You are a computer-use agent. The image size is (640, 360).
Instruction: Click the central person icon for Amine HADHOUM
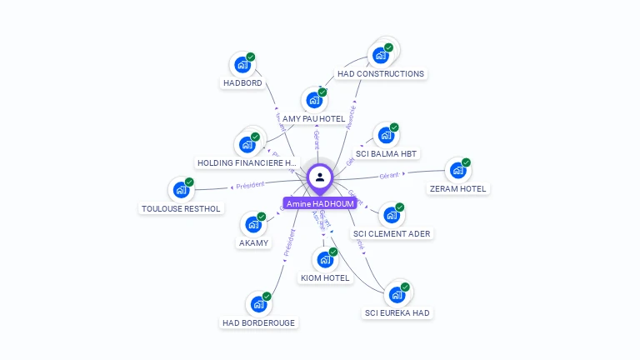pyautogui.click(x=320, y=177)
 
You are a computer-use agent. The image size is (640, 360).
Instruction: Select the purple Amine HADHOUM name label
pyautogui.click(x=320, y=203)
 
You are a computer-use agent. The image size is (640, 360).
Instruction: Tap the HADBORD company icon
pyautogui.click(x=242, y=65)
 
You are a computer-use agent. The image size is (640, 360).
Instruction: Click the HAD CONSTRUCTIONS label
pyautogui.click(x=381, y=73)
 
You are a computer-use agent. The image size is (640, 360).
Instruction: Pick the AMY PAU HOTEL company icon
pyautogui.click(x=314, y=100)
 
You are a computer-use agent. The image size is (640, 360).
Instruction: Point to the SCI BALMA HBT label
pyautogui.click(x=387, y=153)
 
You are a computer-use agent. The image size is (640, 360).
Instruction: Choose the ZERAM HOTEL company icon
pyautogui.click(x=457, y=171)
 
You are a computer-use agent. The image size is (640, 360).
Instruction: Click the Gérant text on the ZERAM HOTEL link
pyautogui.click(x=389, y=176)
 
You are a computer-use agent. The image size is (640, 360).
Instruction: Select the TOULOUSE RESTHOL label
pyautogui.click(x=181, y=208)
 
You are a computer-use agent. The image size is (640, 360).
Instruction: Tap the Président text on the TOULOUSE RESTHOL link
pyautogui.click(x=250, y=185)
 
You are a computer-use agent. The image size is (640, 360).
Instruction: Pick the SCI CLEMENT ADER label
pyautogui.click(x=392, y=233)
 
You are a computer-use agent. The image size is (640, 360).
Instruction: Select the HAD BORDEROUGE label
pyautogui.click(x=258, y=322)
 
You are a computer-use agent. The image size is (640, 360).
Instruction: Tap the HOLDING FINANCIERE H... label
pyautogui.click(x=247, y=162)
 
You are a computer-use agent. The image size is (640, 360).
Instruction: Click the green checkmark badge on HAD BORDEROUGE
pyautogui.click(x=267, y=296)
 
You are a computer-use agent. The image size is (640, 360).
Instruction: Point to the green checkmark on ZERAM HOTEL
pyautogui.click(x=466, y=162)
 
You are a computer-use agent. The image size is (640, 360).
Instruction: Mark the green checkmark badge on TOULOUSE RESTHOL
pyautogui.click(x=189, y=182)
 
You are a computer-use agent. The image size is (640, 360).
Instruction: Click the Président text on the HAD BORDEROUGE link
pyautogui.click(x=288, y=242)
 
